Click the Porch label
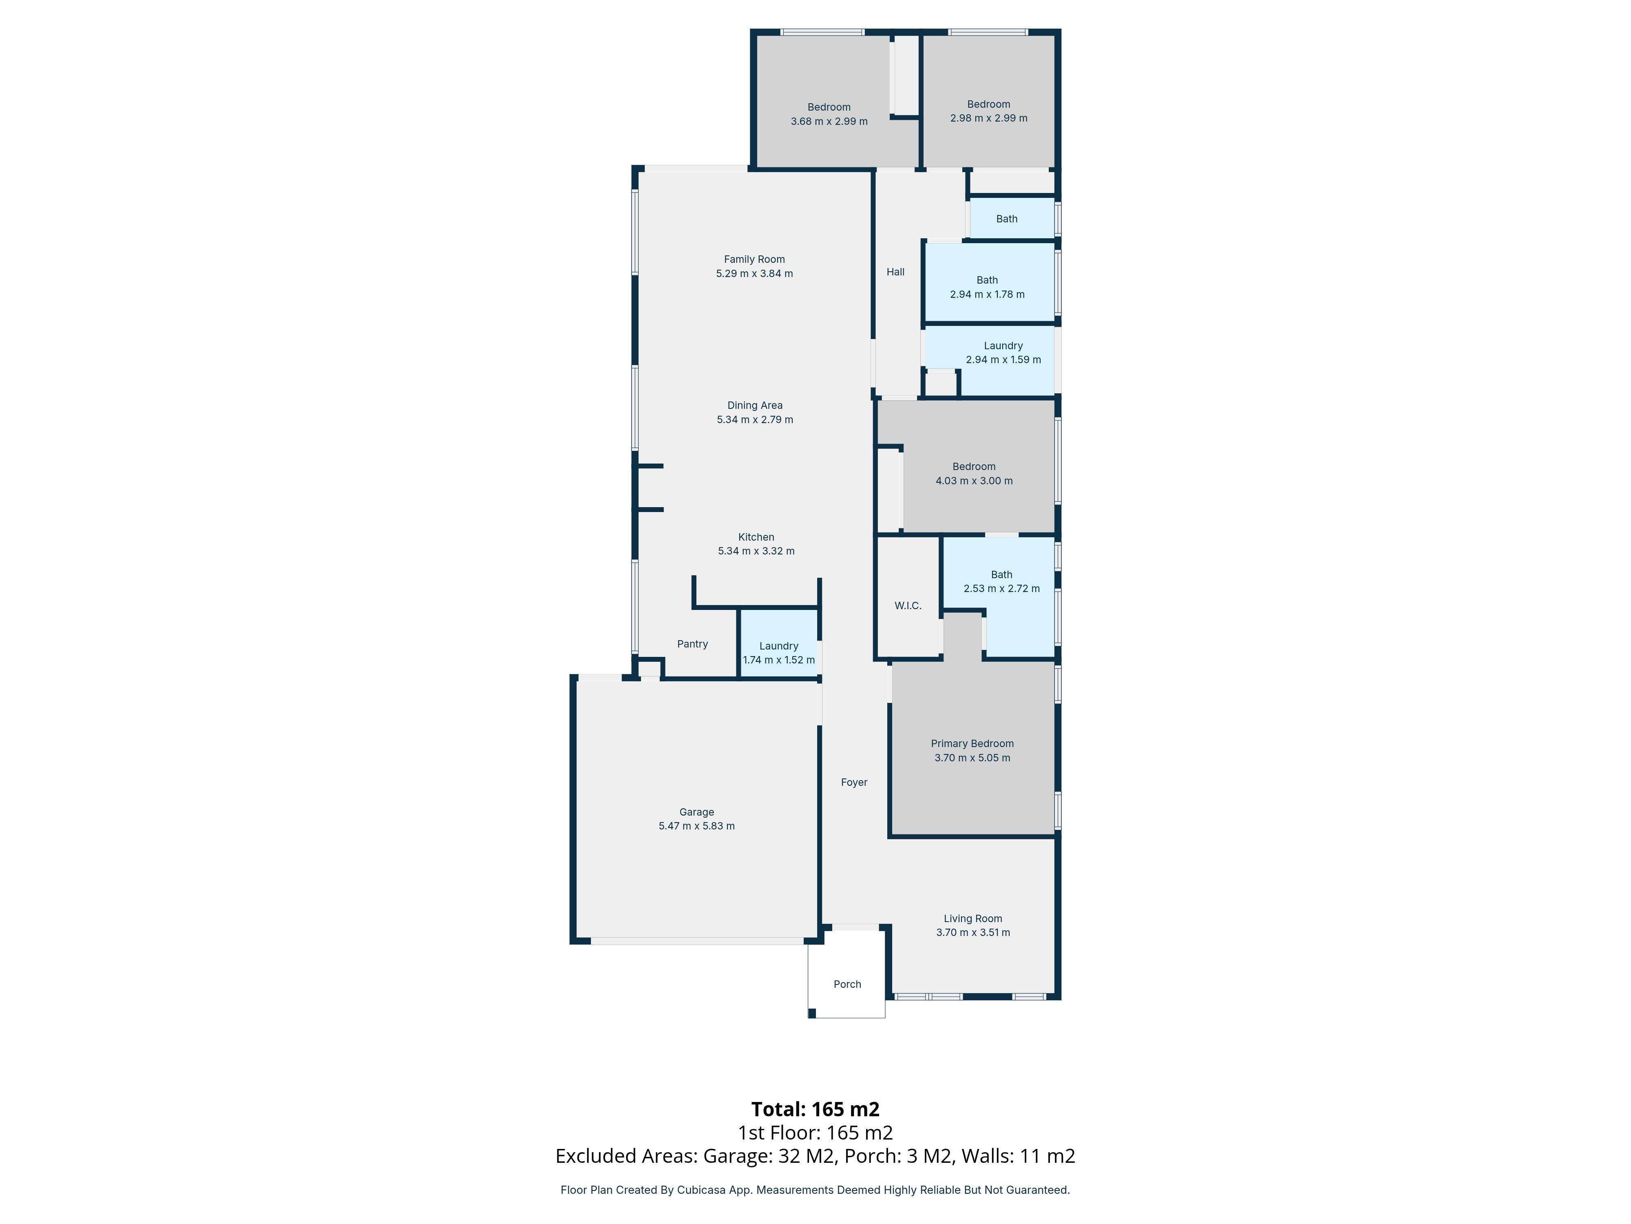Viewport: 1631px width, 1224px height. point(847,984)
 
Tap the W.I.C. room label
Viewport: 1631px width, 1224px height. point(908,606)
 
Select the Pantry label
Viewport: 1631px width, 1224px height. point(692,644)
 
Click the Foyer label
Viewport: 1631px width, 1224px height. point(854,782)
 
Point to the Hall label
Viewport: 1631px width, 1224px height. point(895,272)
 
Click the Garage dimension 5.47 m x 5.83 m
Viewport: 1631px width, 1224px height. point(696,826)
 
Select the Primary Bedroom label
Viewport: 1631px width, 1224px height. point(972,744)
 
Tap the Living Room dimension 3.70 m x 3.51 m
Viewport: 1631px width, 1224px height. point(972,933)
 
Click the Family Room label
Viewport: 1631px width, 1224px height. point(754,259)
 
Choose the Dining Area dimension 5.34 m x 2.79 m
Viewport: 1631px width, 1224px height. point(754,420)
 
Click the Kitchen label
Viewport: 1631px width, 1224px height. point(756,537)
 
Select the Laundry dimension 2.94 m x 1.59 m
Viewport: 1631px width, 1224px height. point(1003,360)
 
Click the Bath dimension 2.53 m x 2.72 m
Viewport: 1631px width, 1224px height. point(1001,589)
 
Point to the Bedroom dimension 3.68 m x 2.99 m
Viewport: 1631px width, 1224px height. point(829,122)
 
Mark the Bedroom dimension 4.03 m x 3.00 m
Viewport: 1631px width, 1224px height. point(973,481)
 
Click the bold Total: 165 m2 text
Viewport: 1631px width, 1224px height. point(815,1110)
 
